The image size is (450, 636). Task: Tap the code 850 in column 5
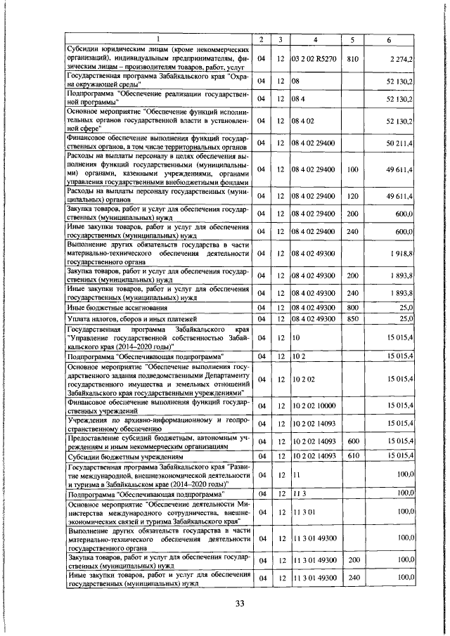(x=353, y=319)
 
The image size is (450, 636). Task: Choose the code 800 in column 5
(x=353, y=308)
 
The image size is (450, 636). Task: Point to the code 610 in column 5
(x=353, y=456)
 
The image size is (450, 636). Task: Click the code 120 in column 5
(x=353, y=195)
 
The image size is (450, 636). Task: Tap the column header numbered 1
(x=157, y=38)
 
